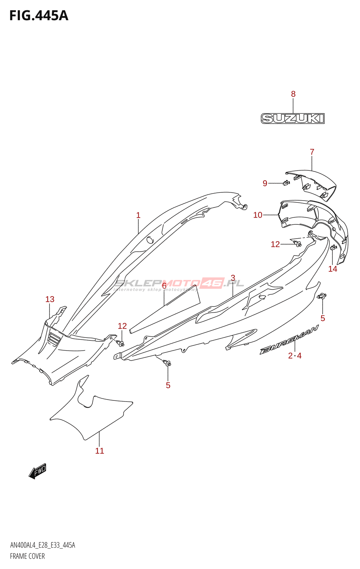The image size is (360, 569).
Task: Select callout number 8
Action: (x=293, y=94)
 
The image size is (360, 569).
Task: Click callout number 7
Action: (x=312, y=151)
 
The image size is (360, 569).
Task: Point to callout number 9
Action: (x=265, y=183)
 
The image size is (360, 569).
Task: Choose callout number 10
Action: (x=258, y=215)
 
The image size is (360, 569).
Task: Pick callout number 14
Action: (x=333, y=269)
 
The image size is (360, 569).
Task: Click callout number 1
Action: (x=138, y=216)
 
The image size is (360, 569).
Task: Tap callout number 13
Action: (x=50, y=299)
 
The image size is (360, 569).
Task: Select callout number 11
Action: (x=100, y=451)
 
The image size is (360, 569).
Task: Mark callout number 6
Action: (x=164, y=286)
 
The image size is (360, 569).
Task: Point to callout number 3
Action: (x=233, y=278)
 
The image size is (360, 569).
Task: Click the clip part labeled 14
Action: (x=333, y=247)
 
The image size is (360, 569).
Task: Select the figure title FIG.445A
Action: (x=39, y=16)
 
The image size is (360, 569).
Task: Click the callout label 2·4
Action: (x=295, y=356)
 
